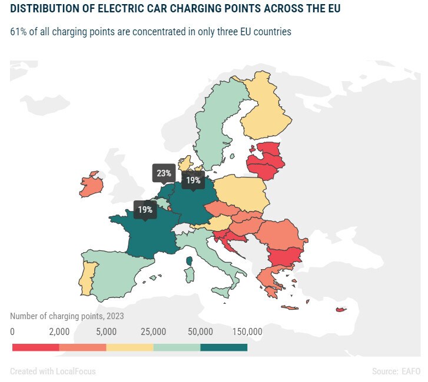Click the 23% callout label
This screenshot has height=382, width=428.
tap(164, 173)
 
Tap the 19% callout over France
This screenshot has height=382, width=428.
tap(145, 210)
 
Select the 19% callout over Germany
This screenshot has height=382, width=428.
tap(193, 180)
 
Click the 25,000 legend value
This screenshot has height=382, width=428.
tap(154, 331)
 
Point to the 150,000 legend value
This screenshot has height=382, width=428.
tap(247, 331)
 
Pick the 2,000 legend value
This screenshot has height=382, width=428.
tap(59, 331)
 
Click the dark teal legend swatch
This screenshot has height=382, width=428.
tap(224, 347)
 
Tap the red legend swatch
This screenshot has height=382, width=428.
tap(36, 347)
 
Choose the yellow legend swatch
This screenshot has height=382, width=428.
tap(130, 347)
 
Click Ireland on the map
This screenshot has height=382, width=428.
tap(91, 185)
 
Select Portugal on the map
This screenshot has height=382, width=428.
tap(87, 278)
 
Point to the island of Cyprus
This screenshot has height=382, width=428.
tap(341, 310)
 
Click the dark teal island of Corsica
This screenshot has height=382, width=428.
tap(189, 261)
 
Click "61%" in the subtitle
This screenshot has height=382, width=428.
tap(18, 32)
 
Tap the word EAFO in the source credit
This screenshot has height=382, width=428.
tap(411, 371)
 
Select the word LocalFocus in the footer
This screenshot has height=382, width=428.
tap(75, 371)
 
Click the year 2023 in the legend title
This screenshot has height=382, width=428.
tap(115, 316)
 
